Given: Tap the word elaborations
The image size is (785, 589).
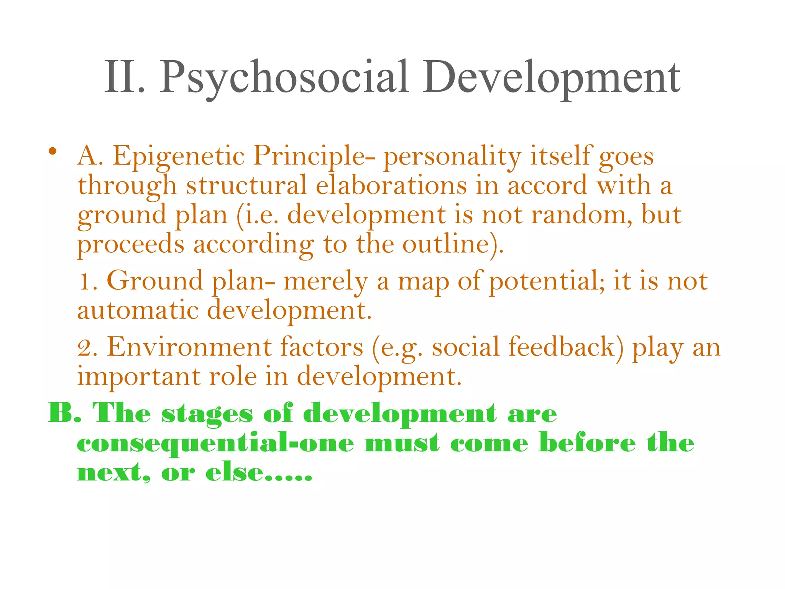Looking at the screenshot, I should click(391, 186).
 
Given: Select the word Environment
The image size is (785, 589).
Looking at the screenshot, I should click(189, 347).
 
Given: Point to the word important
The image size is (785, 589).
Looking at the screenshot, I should click(139, 377).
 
